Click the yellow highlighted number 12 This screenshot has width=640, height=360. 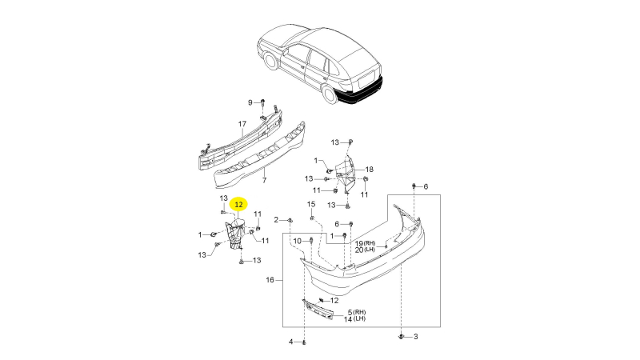pos(238,205)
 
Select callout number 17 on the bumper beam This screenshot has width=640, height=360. pos(242,124)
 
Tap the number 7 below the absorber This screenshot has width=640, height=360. pos(265,180)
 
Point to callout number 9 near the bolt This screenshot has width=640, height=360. pos(250,102)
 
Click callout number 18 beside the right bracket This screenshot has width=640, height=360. pos(370,170)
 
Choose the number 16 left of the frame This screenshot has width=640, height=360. pos(270,280)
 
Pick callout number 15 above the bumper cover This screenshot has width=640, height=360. pos(311,204)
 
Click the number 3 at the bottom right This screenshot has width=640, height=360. pos(415,337)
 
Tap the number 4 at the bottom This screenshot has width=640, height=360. pos(291,342)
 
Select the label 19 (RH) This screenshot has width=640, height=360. pos(365,243)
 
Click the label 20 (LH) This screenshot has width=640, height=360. pos(365,250)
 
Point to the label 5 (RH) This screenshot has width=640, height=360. pos(357,312)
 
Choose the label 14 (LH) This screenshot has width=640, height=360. pos(354,318)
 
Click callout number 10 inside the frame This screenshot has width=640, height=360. pos(298,242)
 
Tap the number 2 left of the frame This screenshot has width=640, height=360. pos(276,220)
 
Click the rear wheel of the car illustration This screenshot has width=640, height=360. pos(330,93)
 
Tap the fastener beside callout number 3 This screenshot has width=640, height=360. pos(402,337)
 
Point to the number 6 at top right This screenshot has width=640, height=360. pos(426,186)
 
